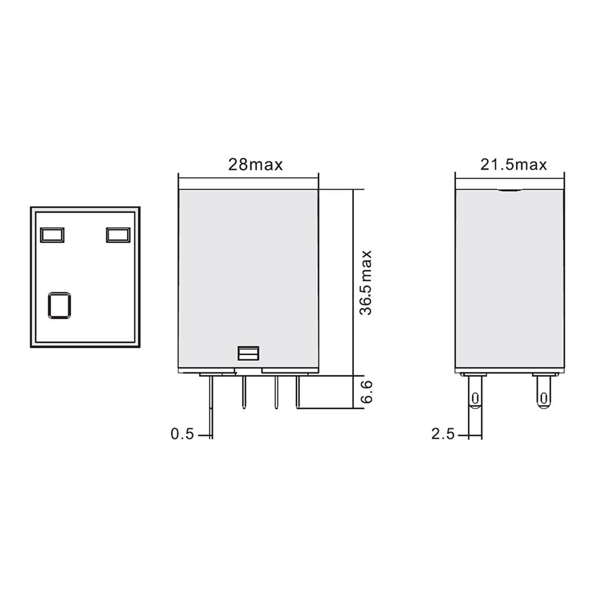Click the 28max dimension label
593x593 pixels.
pos(256,164)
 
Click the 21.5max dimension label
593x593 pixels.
pos(514,164)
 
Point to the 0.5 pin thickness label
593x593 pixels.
pos(182,434)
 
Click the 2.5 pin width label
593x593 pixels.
pos(442,434)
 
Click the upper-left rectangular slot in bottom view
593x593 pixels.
pos(52,235)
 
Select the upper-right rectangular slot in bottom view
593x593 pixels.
pos(118,235)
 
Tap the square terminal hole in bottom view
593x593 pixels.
pos(59,305)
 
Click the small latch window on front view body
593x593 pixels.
pos(248,353)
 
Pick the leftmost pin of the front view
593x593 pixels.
pos(211,403)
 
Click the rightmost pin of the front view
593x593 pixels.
pos(298,392)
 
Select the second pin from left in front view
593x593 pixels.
pos(243,392)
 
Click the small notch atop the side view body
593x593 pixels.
pos(510,191)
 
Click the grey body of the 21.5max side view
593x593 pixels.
pos(510,279)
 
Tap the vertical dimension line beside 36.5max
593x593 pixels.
pos(353,282)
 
